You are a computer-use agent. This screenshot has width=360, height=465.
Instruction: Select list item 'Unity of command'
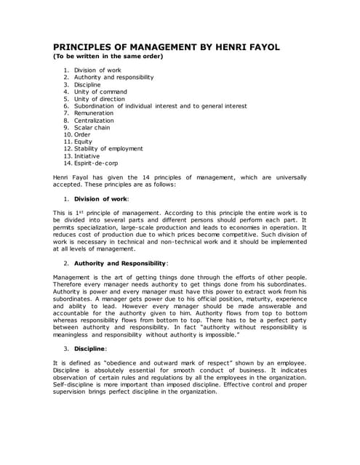[100, 92]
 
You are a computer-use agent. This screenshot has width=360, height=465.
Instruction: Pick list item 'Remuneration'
[94, 113]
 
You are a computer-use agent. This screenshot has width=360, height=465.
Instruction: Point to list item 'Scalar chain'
[93, 127]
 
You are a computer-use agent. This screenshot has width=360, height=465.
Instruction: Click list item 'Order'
[82, 134]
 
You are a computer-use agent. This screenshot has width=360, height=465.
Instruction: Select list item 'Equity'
[83, 142]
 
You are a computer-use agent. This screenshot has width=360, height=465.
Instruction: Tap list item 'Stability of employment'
[108, 149]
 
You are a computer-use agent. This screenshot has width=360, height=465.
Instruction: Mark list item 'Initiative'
[87, 156]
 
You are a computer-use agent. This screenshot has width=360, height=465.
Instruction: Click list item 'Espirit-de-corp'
[97, 163]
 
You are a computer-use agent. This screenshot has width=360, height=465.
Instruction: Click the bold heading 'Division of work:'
[102, 198]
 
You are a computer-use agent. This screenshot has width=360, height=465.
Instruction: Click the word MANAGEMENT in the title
[162, 47]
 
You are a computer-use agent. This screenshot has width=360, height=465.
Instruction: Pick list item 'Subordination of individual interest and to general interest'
[161, 106]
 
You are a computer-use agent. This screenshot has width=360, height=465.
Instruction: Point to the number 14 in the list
[67, 163]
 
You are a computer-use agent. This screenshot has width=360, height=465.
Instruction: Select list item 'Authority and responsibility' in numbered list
[114, 77]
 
